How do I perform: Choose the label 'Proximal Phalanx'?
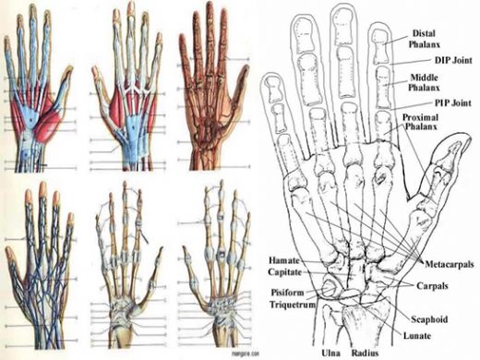point(426,126)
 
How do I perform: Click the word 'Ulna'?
point(329,350)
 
